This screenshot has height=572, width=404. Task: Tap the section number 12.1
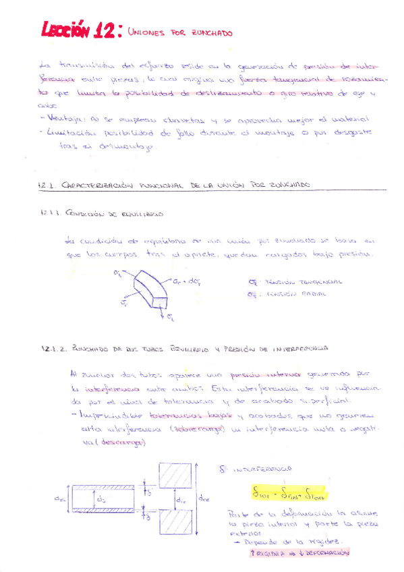[47, 184]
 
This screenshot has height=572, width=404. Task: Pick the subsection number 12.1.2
[51, 349]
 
